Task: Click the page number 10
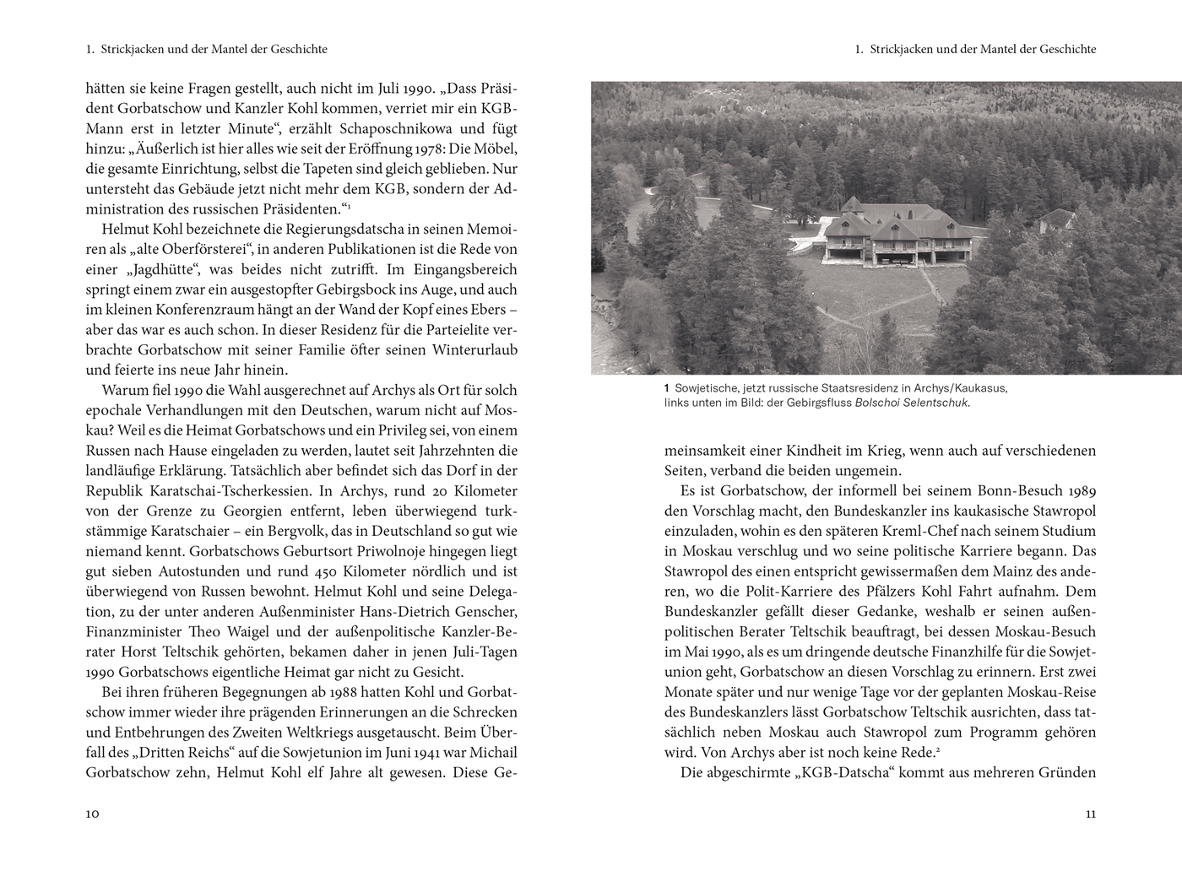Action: click(x=93, y=814)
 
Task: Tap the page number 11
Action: click(x=1090, y=814)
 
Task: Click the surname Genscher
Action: click(x=481, y=611)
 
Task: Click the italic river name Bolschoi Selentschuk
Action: click(x=912, y=403)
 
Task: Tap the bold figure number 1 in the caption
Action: click(x=667, y=388)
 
